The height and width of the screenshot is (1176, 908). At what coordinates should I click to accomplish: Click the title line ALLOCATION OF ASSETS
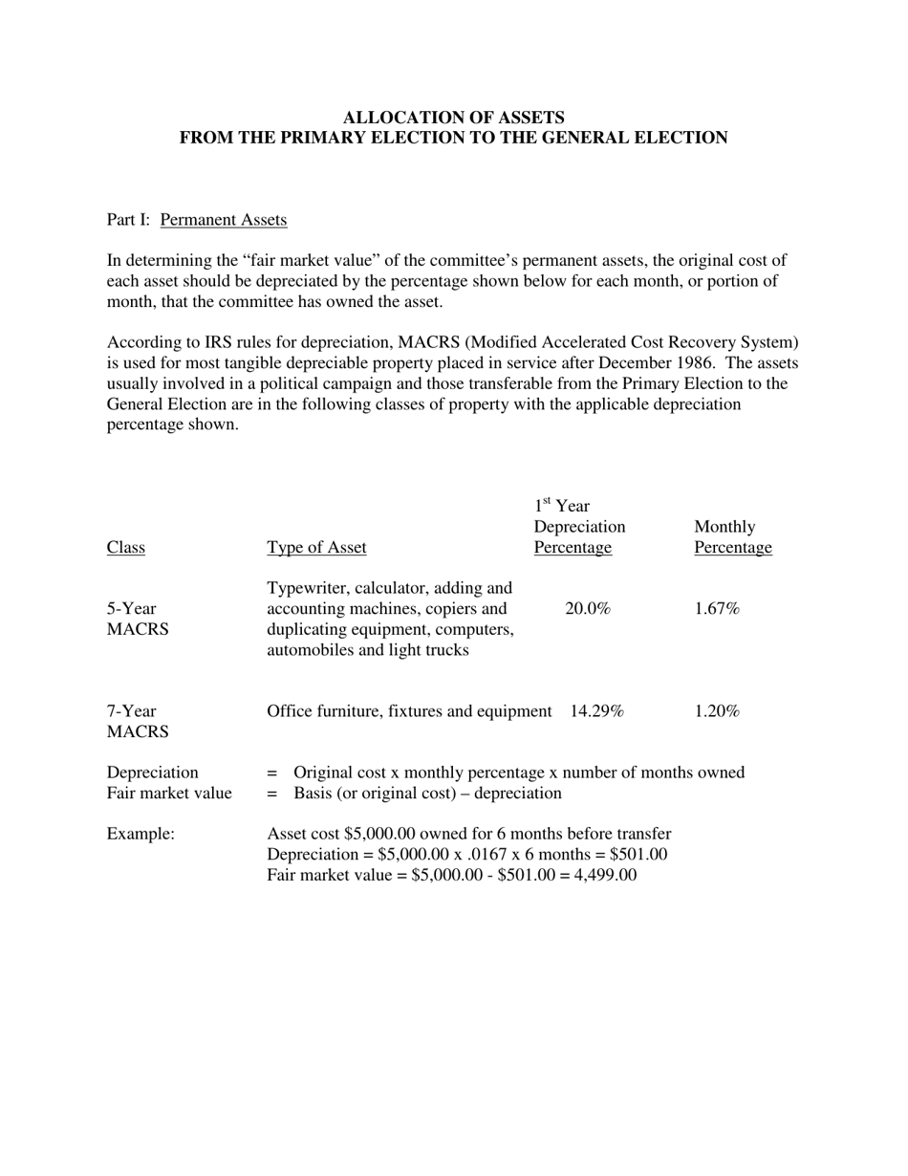pyautogui.click(x=453, y=118)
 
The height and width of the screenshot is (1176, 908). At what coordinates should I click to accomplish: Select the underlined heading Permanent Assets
pyautogui.click(x=223, y=220)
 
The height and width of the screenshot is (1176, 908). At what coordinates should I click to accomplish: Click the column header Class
pyautogui.click(x=125, y=548)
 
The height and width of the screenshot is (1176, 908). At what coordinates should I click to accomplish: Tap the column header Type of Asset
pyautogui.click(x=316, y=548)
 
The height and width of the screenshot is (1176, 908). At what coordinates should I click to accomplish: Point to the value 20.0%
pyautogui.click(x=587, y=609)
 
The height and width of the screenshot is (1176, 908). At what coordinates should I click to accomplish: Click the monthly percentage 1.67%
pyautogui.click(x=717, y=609)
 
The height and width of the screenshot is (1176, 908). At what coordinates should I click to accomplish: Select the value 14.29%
pyautogui.click(x=596, y=711)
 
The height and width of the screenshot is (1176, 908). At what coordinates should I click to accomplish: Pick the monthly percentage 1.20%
pyautogui.click(x=717, y=711)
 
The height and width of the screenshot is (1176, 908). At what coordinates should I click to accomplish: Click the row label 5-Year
pyautogui.click(x=131, y=609)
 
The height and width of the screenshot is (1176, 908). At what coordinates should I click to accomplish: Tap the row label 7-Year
pyautogui.click(x=131, y=711)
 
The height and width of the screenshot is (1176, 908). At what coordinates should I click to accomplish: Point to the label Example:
pyautogui.click(x=141, y=834)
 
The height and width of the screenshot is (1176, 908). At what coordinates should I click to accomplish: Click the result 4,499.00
pyautogui.click(x=605, y=875)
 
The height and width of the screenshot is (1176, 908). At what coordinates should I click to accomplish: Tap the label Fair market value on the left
pyautogui.click(x=169, y=794)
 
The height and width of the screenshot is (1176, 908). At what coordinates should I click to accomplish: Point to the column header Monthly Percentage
pyautogui.click(x=732, y=537)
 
